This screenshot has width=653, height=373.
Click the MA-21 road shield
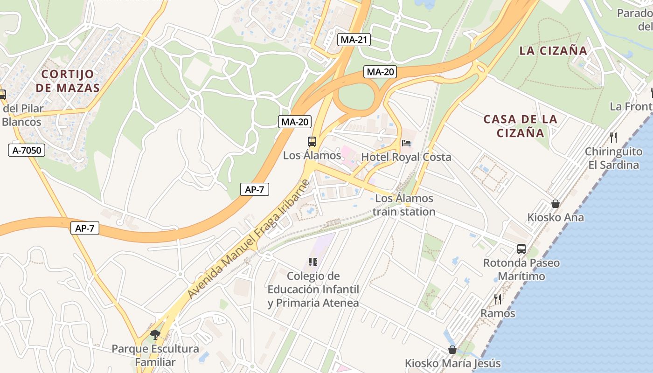coord(354,40)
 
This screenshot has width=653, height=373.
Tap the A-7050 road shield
coord(27,150)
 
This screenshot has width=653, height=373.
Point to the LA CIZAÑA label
coord(553,51)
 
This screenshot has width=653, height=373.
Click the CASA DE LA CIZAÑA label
coord(520,126)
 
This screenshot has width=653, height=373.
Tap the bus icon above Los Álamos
coord(312,142)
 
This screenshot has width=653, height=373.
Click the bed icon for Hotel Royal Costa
coord(406,143)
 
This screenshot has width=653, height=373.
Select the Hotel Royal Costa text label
coord(406,157)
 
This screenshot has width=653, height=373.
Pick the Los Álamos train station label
coord(404,205)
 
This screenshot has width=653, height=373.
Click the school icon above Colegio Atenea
coord(313,262)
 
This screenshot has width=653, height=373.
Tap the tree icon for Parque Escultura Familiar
coord(155,334)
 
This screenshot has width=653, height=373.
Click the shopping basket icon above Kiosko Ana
coord(555,204)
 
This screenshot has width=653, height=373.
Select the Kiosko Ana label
coord(555,217)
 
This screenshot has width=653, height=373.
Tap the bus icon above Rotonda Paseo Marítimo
coord(521,249)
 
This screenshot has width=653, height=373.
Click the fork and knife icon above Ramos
coord(498,299)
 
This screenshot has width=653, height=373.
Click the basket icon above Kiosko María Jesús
coord(452,350)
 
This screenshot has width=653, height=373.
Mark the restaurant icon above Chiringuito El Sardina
coord(613,138)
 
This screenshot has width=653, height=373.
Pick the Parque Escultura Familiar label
coord(155,355)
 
